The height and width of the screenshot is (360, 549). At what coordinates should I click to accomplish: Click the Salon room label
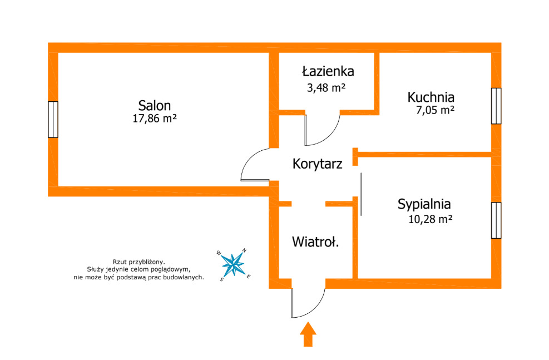tap(155, 105)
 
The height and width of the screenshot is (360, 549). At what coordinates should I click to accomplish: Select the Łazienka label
tap(328, 71)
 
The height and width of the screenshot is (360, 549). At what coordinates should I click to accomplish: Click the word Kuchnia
tap(431, 97)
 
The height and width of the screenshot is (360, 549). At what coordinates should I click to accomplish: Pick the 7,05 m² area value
tap(435, 110)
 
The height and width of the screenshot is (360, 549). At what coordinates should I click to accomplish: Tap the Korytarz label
tap(317, 164)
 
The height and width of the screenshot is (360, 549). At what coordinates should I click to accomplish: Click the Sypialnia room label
tap(424, 204)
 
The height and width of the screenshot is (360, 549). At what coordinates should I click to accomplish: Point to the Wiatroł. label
tap(316, 242)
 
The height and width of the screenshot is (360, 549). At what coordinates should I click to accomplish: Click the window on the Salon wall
tap(53, 119)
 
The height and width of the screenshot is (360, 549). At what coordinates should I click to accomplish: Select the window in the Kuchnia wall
tap(496, 106)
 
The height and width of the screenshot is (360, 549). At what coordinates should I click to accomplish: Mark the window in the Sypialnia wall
tap(496, 220)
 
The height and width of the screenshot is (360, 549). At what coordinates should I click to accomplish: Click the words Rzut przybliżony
tap(139, 261)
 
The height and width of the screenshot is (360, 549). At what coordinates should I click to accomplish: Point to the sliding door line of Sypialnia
tap(361, 194)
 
